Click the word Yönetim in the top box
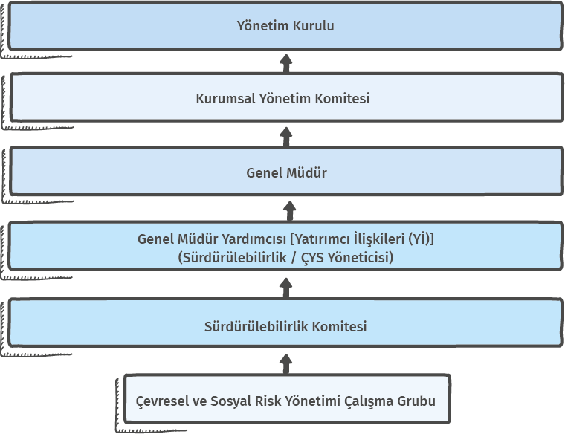(x=262, y=25)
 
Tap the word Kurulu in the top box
(x=314, y=25)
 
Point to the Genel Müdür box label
(x=286, y=173)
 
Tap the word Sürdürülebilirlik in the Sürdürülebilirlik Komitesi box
(x=256, y=326)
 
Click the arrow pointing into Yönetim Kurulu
(x=286, y=64)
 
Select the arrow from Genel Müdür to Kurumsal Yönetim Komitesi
(x=286, y=137)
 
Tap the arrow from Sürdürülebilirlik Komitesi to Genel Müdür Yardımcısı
(x=286, y=288)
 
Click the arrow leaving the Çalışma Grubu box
(x=286, y=364)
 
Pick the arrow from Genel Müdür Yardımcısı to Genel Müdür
(x=290, y=211)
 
